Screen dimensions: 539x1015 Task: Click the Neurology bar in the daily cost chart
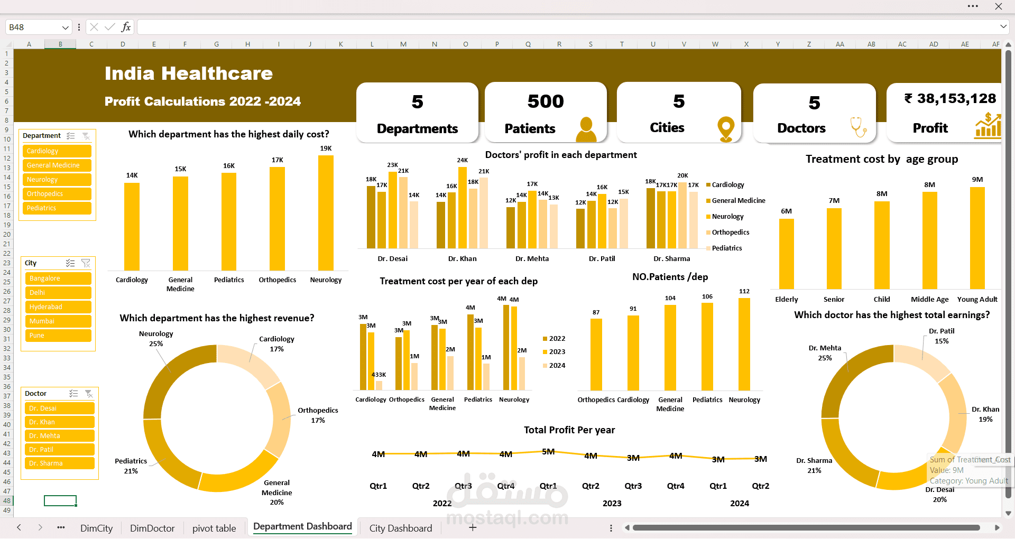click(326, 212)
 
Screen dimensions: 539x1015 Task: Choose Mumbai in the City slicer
click(58, 321)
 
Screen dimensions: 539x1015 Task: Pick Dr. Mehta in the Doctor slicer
click(59, 436)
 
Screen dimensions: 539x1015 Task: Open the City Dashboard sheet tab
click(400, 528)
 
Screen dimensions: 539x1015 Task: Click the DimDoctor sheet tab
click(152, 528)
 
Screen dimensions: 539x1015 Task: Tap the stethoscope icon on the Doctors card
click(857, 127)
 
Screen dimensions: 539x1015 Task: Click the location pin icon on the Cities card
click(726, 128)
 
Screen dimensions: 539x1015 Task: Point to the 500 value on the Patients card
click(546, 101)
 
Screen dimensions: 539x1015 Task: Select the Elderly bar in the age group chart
click(786, 254)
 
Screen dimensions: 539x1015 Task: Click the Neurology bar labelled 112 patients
click(744, 344)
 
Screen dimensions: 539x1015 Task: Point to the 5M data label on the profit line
click(548, 452)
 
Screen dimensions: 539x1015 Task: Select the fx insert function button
click(126, 27)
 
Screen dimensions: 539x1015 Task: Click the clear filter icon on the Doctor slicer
click(89, 394)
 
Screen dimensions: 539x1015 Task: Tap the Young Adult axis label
click(977, 300)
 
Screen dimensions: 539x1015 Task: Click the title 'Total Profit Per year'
click(569, 430)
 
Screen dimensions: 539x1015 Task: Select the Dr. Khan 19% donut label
click(985, 414)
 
